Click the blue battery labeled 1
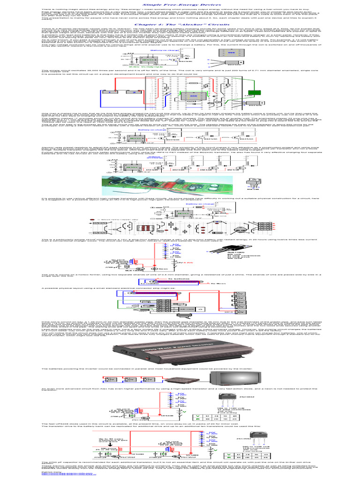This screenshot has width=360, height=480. (109, 92)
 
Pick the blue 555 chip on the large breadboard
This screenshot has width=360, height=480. (191, 96)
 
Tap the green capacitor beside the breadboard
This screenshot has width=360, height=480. (254, 92)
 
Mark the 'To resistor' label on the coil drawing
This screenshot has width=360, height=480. (152, 284)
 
